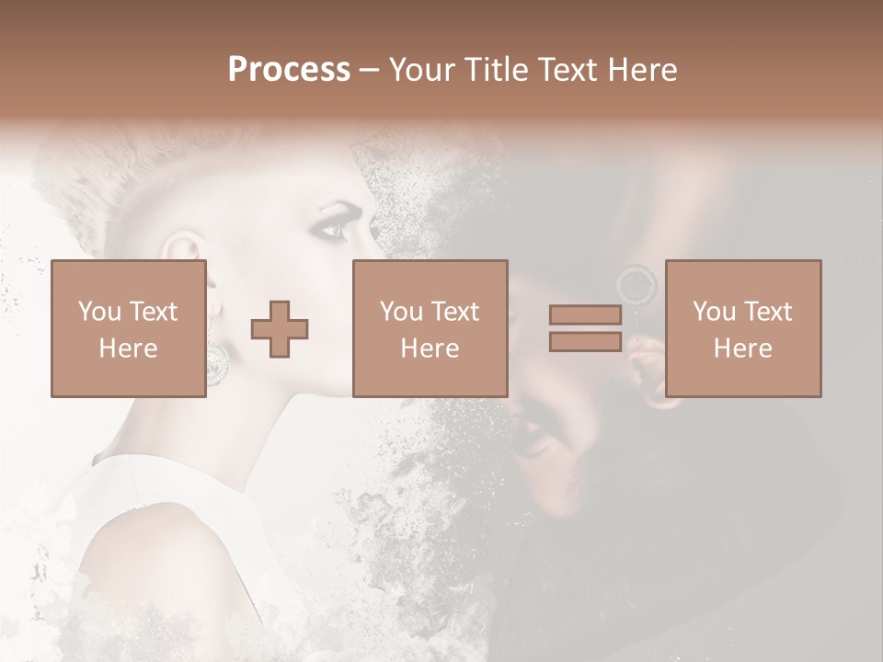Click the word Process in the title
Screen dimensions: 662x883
pos(289,70)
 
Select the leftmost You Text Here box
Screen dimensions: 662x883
pos(129,328)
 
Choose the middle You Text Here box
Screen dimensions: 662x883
pos(430,328)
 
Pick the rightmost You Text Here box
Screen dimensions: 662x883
pos(743,328)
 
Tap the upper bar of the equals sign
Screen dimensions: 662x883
pos(585,315)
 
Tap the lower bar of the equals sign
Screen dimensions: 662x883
pos(585,341)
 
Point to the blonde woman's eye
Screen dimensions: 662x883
pos(331,227)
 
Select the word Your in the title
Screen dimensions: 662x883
pos(423,70)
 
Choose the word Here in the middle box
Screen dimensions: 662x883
pos(430,348)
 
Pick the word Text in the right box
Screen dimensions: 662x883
pos(770,312)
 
